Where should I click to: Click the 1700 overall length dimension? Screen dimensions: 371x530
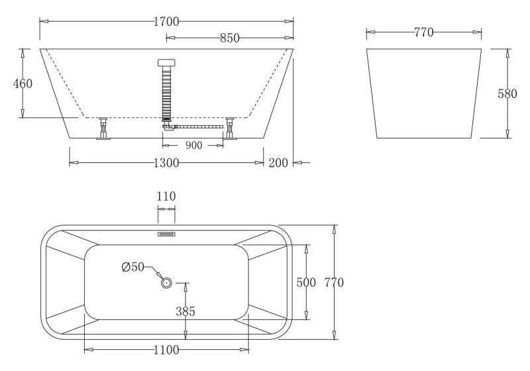click(x=166, y=21)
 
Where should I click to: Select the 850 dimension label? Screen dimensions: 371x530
click(x=229, y=38)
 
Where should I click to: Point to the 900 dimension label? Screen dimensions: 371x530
click(x=193, y=146)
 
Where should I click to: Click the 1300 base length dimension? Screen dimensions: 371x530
click(x=166, y=163)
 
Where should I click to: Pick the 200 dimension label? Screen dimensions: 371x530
click(x=278, y=163)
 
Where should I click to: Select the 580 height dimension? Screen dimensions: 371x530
click(x=507, y=93)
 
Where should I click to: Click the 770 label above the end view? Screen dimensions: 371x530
click(x=423, y=31)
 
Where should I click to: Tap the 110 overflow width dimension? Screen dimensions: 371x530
click(x=166, y=196)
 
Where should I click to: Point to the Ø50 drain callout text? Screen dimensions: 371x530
click(x=132, y=267)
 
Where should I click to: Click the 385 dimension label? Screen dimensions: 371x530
click(x=185, y=311)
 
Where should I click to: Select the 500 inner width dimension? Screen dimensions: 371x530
click(x=306, y=282)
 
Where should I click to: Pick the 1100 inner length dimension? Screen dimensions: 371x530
click(x=166, y=350)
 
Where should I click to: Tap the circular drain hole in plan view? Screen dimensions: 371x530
click(x=166, y=283)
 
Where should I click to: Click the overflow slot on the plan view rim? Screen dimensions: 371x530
click(x=166, y=233)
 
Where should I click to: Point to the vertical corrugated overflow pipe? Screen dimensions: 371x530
click(x=166, y=93)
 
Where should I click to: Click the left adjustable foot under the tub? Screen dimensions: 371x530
click(x=103, y=128)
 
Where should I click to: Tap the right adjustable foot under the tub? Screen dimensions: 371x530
click(x=230, y=128)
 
